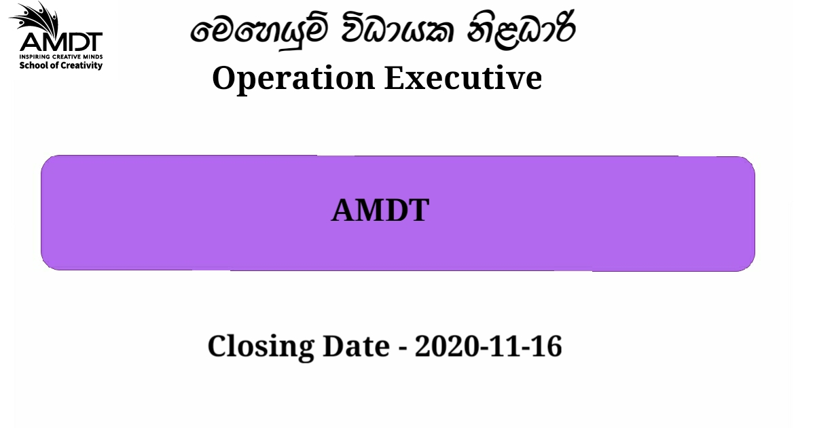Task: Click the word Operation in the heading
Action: click(x=293, y=78)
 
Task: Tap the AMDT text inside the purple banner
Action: click(x=380, y=211)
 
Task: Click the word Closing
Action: click(x=261, y=346)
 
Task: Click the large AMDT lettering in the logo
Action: click(x=60, y=42)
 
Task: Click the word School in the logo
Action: click(x=32, y=65)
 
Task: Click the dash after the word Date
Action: click(x=402, y=348)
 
